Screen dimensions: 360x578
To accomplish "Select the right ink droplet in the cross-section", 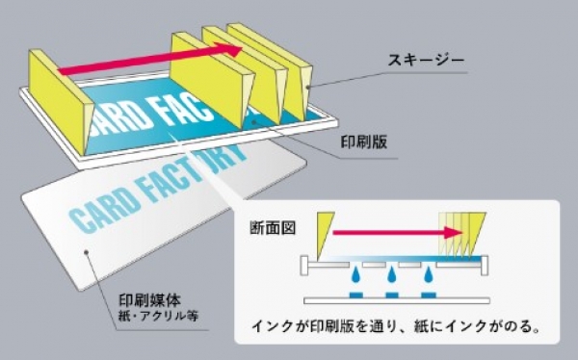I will pos(428,275).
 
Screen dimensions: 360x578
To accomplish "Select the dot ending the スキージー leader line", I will pos(309,87).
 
